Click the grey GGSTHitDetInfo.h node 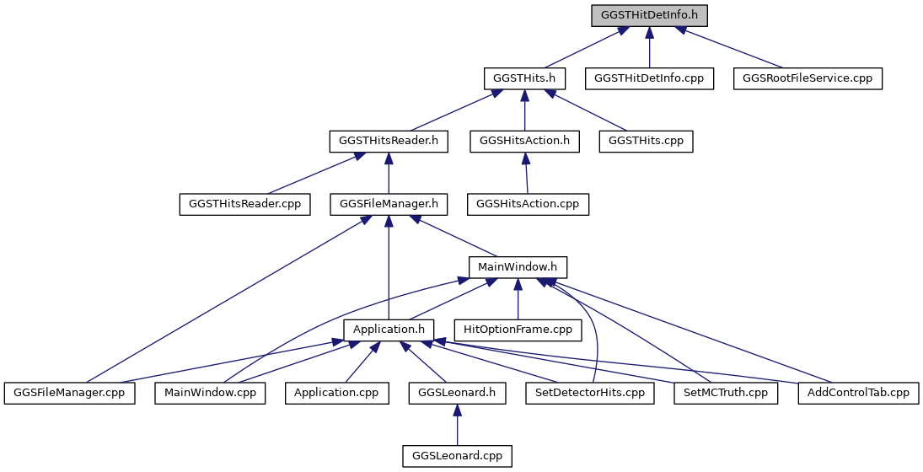click(x=649, y=15)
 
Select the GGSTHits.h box click(x=524, y=78)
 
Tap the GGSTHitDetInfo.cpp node click(x=649, y=78)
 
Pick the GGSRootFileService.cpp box click(x=808, y=78)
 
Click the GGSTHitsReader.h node click(x=389, y=142)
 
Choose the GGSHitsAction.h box click(x=524, y=142)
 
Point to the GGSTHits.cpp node click(x=647, y=142)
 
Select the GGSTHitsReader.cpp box click(x=245, y=204)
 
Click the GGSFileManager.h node click(x=389, y=204)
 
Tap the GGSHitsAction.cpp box click(x=528, y=204)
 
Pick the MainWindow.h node click(x=518, y=267)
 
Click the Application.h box click(x=389, y=330)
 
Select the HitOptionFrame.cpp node click(x=518, y=330)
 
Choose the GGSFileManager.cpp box click(x=69, y=393)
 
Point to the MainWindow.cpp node click(x=210, y=393)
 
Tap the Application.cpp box click(x=336, y=393)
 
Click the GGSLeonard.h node click(x=458, y=393)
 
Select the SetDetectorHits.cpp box click(x=590, y=393)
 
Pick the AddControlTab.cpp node click(x=858, y=393)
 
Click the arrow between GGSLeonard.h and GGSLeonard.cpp click(x=458, y=424)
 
